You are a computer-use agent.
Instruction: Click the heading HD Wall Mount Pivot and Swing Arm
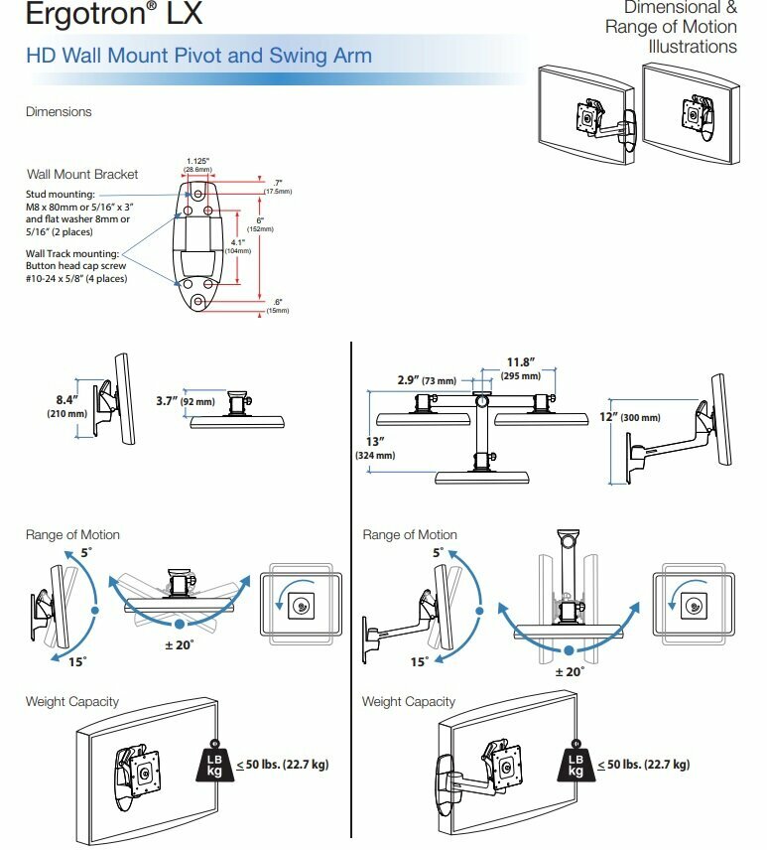(x=198, y=55)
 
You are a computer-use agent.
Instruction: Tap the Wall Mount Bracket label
(x=82, y=174)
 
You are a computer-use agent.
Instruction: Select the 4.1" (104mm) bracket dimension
(x=237, y=245)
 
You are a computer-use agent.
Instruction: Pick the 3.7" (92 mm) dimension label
(x=186, y=401)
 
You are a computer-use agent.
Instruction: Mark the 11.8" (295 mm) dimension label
(x=520, y=368)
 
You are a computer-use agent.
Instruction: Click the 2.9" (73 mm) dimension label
(x=426, y=380)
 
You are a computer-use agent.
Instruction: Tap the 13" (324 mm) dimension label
(x=375, y=448)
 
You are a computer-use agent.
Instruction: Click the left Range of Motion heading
(x=72, y=535)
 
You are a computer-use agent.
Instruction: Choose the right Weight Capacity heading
(x=409, y=702)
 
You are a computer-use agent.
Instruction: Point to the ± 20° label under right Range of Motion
(x=568, y=672)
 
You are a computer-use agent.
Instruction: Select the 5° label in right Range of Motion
(x=437, y=553)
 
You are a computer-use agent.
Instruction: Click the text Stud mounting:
(x=61, y=194)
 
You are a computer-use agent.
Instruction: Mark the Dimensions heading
(x=59, y=112)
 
